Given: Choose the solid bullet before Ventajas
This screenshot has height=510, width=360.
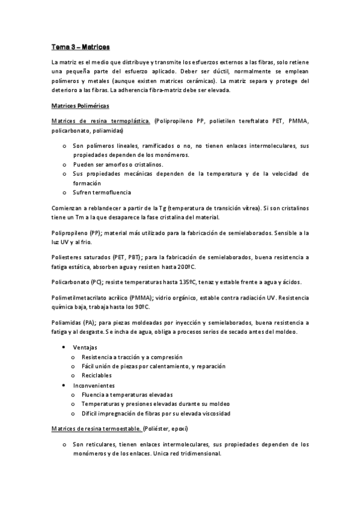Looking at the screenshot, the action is point(64,348).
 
